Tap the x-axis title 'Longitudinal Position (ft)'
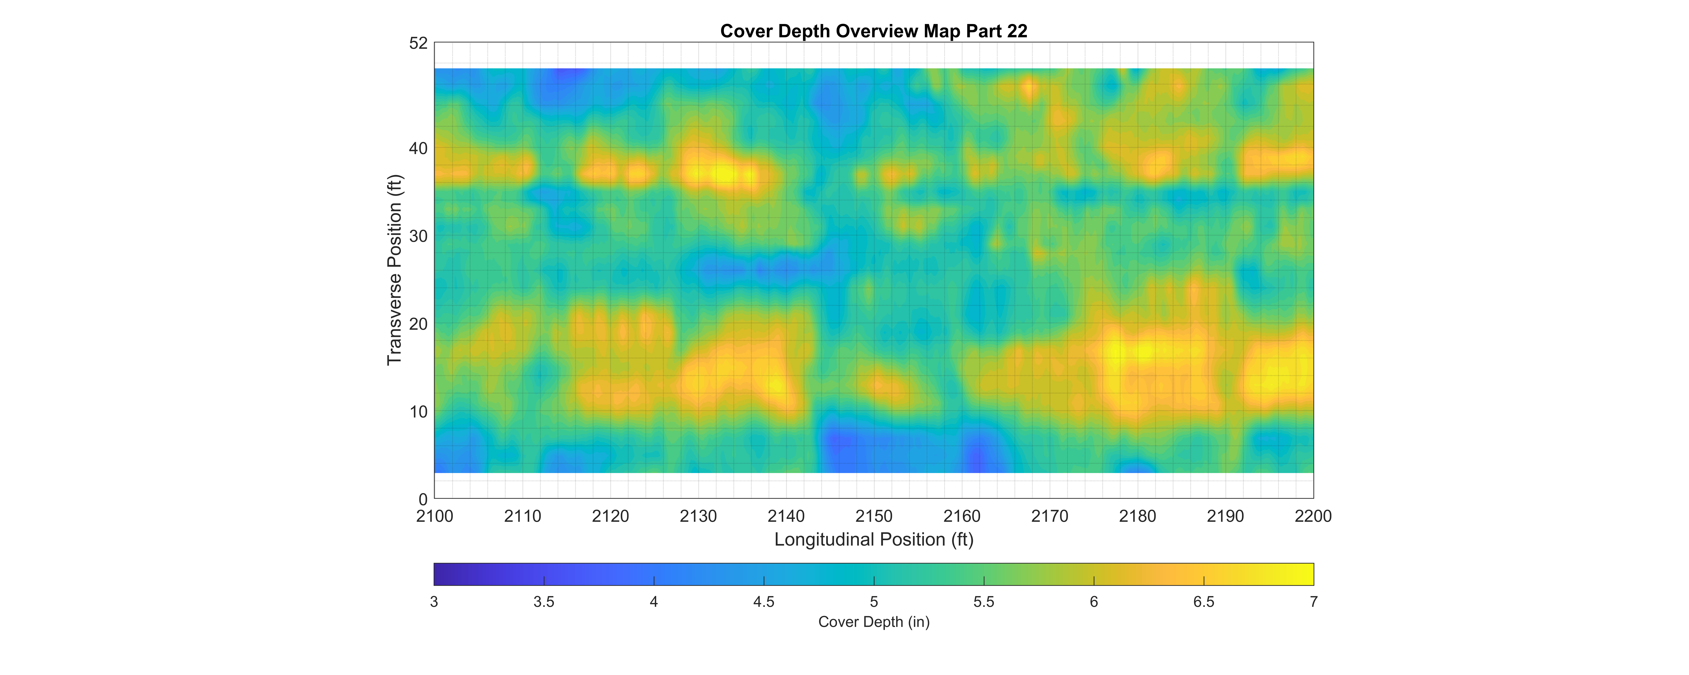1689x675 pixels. coord(873,539)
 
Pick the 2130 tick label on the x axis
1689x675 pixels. coord(698,516)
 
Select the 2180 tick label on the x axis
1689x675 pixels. coord(1138,516)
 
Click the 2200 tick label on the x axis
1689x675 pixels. coord(1313,516)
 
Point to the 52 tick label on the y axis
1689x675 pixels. coord(418,43)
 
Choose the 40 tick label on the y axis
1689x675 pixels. coord(418,149)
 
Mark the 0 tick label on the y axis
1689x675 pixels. coord(423,499)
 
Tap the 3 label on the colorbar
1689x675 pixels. coord(434,602)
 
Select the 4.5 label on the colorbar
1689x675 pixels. coord(764,602)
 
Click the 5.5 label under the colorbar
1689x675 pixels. coord(984,602)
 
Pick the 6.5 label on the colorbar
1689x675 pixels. coord(1204,602)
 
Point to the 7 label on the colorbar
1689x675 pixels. coord(1313,602)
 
